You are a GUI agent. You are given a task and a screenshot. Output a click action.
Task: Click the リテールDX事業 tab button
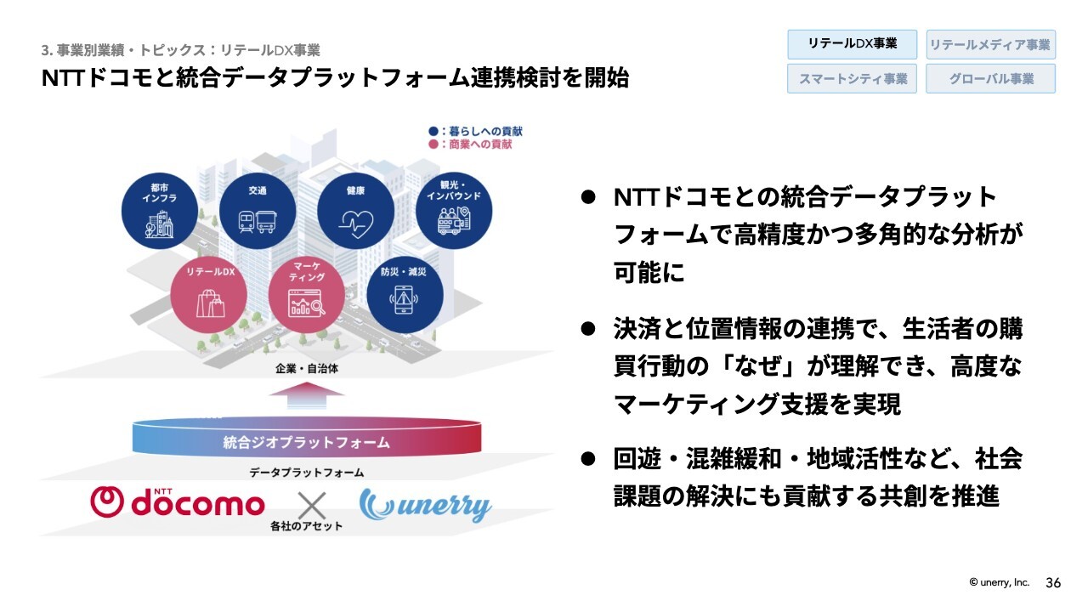pos(852,44)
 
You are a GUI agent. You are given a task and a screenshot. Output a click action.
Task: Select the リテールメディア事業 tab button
pos(990,45)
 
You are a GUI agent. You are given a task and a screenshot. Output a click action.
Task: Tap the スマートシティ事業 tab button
pos(852,78)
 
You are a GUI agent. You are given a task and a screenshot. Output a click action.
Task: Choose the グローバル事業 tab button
pos(990,78)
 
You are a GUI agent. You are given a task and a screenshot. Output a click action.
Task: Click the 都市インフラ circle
pos(160,211)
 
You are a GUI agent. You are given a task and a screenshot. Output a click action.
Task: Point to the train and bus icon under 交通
pos(258,222)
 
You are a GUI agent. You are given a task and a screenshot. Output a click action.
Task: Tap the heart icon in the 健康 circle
pos(356,224)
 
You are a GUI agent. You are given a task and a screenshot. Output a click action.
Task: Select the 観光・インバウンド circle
pos(454,211)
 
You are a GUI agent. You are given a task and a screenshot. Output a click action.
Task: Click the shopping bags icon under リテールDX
pos(210,303)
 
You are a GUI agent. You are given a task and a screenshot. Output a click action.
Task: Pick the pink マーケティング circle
pos(307,295)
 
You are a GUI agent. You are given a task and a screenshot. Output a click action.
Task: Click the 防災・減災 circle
pos(405,295)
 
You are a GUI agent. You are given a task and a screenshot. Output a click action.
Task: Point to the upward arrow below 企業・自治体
pos(307,395)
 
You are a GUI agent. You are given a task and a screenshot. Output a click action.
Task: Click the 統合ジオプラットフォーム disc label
pos(307,443)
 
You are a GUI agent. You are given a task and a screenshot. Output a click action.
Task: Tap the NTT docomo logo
pos(178,502)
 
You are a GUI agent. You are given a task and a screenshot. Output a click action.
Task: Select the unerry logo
pos(426,505)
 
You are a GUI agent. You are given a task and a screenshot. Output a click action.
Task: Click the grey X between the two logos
pos(311,506)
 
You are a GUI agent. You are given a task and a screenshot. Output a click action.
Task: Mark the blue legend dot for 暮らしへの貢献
pos(433,131)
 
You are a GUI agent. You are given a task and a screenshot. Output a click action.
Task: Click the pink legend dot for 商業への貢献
pos(433,144)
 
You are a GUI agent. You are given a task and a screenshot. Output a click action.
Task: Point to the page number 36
pos(1053,583)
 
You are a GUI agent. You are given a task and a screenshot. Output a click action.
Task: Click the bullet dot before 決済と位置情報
pos(587,329)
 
